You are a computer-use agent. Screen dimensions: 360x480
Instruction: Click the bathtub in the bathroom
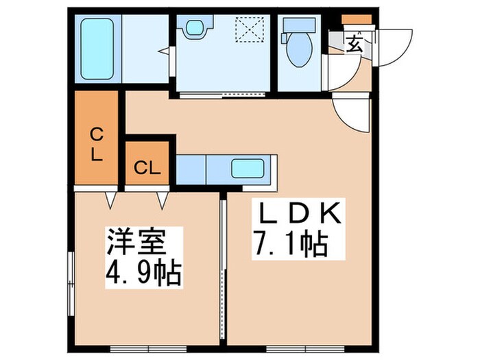click(x=97, y=49)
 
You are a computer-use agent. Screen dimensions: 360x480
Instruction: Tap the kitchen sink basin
click(x=248, y=168)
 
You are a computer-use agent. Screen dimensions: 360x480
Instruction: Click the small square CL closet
click(x=147, y=166)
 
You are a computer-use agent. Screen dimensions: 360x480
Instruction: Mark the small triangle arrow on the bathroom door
click(x=162, y=51)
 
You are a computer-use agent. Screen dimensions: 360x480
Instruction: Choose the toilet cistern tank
click(x=298, y=24)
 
